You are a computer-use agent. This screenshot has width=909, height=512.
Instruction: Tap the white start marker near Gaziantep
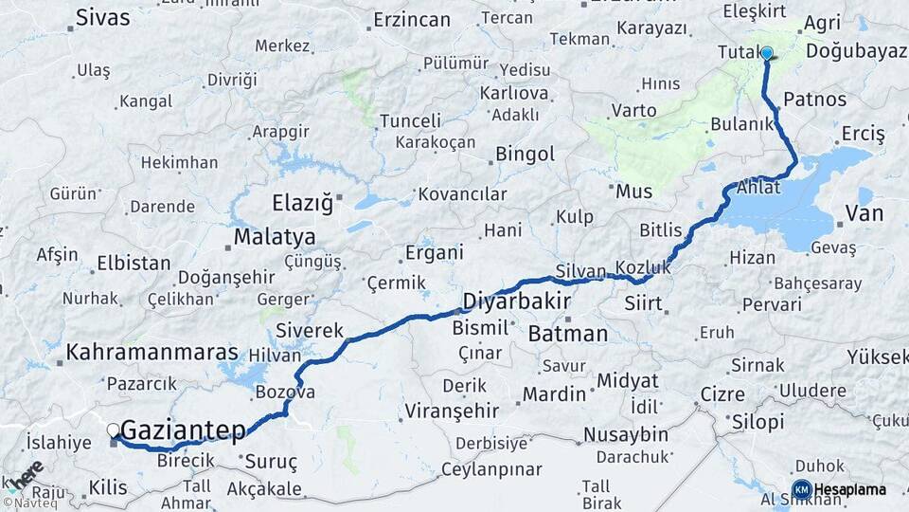114,430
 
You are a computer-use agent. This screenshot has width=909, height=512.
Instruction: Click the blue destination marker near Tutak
766,54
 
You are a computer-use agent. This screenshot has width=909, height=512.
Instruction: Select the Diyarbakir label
516,302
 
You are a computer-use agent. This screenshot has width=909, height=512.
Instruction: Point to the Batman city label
568,334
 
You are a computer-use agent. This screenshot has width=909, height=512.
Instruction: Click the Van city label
864,213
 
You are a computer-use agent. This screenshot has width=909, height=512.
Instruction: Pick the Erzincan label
411,19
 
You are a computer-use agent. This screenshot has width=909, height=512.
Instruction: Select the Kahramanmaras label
151,353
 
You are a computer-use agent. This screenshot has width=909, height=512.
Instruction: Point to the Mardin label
556,393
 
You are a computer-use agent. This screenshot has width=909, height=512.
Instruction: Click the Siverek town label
310,331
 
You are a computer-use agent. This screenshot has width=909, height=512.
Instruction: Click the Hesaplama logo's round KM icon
801,489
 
